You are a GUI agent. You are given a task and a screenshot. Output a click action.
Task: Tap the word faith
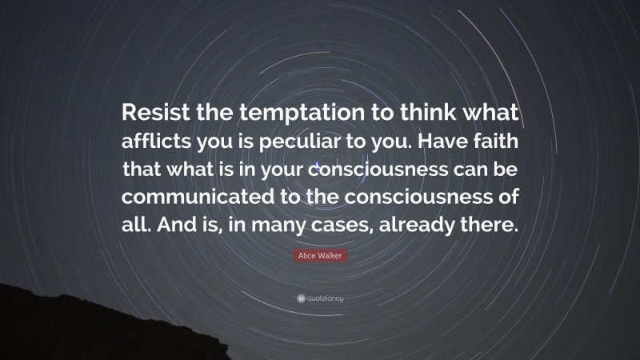(x=498, y=143)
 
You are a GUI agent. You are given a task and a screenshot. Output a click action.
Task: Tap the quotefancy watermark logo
(x=320, y=298)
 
